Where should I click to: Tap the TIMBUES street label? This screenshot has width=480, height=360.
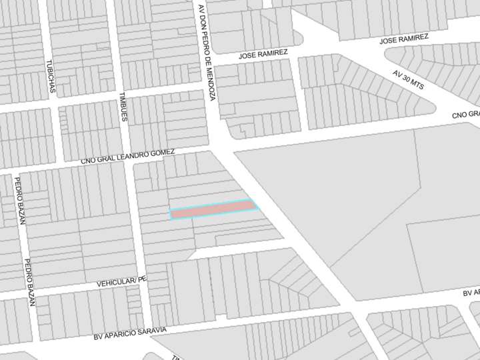pos(123,107)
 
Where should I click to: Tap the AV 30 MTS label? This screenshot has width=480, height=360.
pos(408,79)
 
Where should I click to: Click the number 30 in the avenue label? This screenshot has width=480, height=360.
pos(408,79)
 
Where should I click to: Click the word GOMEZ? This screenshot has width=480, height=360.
pos(163,153)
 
